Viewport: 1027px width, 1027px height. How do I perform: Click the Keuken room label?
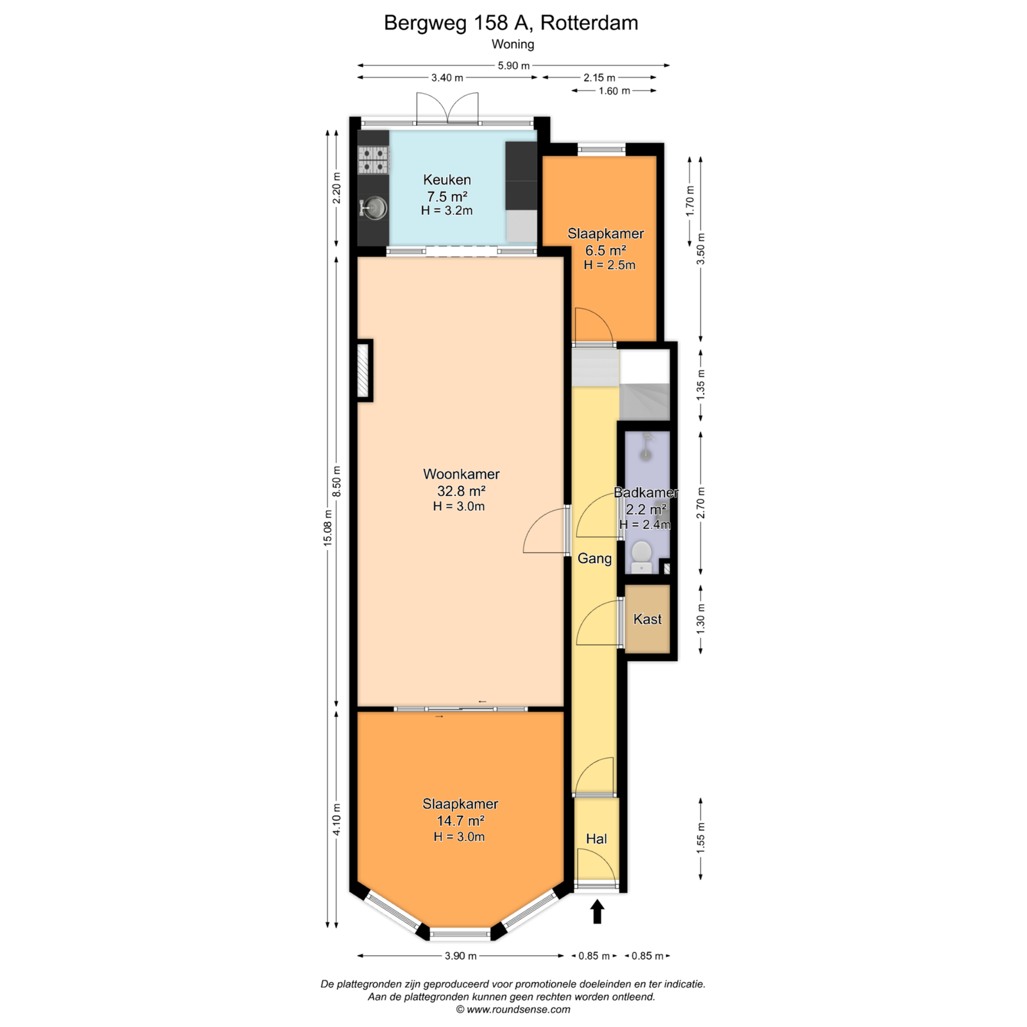[447, 180]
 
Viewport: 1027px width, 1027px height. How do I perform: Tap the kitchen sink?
[374, 207]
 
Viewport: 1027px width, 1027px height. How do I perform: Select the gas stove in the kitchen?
[374, 160]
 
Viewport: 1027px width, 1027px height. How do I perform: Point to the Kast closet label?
[647, 619]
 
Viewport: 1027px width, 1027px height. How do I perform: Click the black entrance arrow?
[598, 911]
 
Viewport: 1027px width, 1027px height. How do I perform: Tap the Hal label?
[596, 839]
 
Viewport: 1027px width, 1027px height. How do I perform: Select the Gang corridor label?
[594, 558]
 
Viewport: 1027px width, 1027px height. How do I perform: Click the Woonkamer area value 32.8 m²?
[461, 491]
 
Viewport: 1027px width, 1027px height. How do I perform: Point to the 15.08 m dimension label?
[328, 527]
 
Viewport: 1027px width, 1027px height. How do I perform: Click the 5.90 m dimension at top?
[513, 65]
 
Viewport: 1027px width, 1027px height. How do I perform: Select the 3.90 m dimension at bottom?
[460, 956]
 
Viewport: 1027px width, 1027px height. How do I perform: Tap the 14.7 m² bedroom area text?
[460, 821]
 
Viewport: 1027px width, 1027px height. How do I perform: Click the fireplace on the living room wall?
[365, 370]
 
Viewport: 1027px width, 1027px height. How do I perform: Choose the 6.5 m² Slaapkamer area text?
[605, 250]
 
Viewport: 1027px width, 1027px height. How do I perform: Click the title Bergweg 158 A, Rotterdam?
[511, 23]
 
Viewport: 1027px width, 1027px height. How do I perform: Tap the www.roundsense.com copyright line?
[513, 1010]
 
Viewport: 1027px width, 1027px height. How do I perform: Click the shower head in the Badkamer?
[646, 447]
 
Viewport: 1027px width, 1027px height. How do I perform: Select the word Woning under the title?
[513, 44]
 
